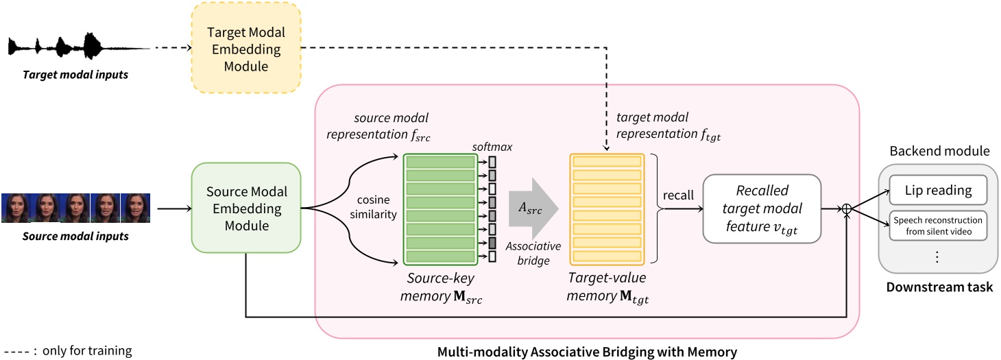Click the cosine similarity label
tap(373, 208)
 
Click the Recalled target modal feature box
tap(761, 208)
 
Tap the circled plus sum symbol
tap(847, 208)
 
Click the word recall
tap(678, 195)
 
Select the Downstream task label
tap(939, 287)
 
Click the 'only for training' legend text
tap(86, 350)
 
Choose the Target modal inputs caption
tap(76, 74)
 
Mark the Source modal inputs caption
tap(75, 237)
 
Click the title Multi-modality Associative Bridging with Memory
tap(587, 352)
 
